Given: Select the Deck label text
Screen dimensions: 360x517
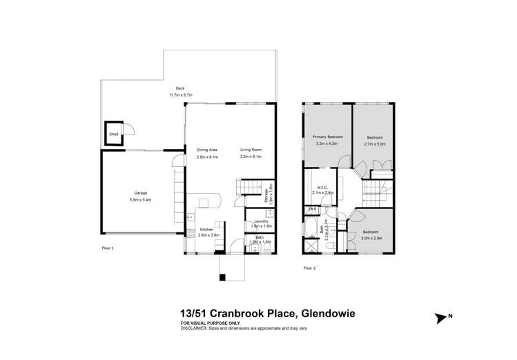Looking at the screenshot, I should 180,88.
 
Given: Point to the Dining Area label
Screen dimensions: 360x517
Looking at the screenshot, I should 208,150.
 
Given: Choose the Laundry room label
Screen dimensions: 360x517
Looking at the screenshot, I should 261,221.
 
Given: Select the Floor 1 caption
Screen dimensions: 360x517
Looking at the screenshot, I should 107,247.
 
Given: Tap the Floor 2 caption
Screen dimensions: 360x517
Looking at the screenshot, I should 310,267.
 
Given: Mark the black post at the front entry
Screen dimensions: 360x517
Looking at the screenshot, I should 222,277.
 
